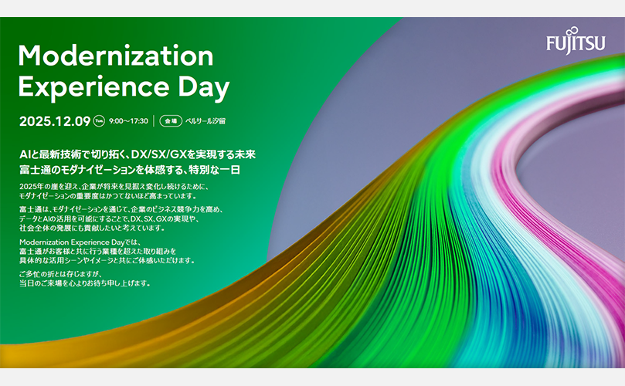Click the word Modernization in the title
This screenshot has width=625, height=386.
click(116, 56)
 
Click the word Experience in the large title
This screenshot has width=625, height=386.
click(94, 86)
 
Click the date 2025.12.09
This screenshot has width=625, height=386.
click(55, 121)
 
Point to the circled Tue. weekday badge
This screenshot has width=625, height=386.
click(99, 120)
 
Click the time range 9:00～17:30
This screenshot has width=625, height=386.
click(128, 121)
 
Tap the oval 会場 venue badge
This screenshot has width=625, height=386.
click(171, 120)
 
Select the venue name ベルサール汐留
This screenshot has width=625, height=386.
click(206, 121)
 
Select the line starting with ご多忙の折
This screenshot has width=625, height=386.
click(60, 274)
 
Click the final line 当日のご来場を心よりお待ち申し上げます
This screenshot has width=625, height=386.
click(85, 283)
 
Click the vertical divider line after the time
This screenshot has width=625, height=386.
click(154, 120)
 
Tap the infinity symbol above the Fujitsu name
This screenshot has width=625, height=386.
click(572, 31)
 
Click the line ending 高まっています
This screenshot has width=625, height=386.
click(108, 196)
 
